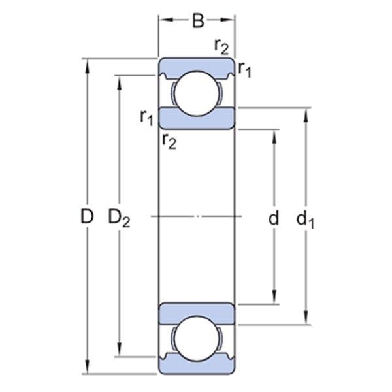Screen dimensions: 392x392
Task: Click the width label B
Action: coord(198,21)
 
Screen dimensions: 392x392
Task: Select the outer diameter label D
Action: coord(87,216)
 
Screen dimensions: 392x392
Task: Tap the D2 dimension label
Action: coord(120,218)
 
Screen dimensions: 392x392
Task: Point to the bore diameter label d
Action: coord(274,217)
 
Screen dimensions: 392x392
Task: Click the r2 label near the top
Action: coord(221,47)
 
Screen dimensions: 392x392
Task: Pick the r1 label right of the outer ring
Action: coord(244,69)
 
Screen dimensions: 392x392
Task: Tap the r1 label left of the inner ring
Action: coord(147,118)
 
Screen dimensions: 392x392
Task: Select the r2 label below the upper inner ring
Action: coord(169,142)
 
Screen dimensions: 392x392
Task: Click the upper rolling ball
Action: coord(197,93)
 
